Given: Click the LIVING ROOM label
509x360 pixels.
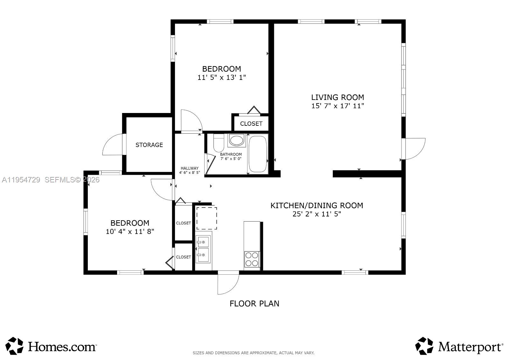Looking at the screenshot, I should click(337, 97).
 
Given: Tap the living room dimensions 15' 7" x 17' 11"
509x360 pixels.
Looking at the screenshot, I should click(337, 106).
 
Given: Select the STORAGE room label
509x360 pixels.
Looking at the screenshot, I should click(149, 145).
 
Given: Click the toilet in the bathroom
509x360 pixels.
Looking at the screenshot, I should click(219, 144).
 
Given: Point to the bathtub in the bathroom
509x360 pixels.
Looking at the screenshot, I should click(257, 154).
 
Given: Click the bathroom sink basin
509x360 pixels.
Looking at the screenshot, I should click(236, 140).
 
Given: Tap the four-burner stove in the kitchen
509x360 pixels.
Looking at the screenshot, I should click(252, 259).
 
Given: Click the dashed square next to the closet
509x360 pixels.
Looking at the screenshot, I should click(206, 218).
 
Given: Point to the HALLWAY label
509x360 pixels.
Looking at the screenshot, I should click(190, 168).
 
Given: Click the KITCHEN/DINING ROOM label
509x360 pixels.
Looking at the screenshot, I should click(317, 206).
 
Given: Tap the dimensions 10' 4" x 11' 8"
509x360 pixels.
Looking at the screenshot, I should click(130, 232).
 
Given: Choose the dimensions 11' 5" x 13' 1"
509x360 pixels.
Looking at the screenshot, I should click(222, 77).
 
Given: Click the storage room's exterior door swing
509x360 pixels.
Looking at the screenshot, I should click(113, 145).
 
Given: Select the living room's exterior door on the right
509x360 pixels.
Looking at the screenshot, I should click(414, 148).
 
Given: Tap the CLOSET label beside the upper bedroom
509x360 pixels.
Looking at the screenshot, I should click(251, 124).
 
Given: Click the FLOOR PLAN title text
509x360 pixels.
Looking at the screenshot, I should click(254, 304).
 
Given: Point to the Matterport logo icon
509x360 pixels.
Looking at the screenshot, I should click(424, 346).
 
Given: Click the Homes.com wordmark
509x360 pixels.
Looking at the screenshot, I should click(62, 346).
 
